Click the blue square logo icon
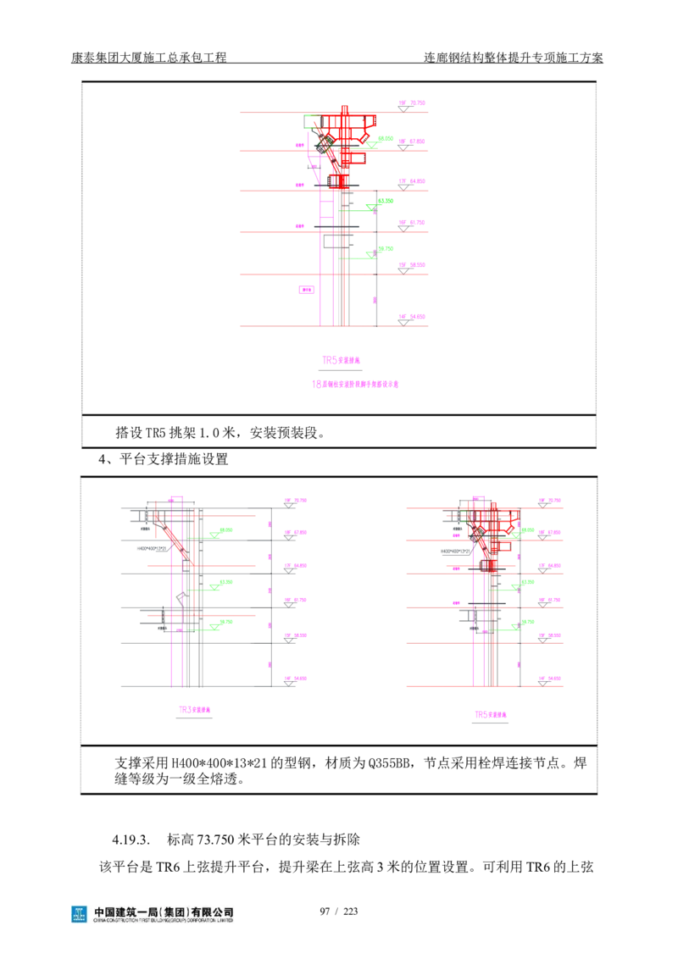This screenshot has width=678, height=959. tap(78, 914)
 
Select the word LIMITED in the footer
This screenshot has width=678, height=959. tap(226, 919)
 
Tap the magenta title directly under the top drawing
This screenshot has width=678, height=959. tap(342, 360)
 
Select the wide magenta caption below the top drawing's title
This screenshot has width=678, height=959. tap(356, 385)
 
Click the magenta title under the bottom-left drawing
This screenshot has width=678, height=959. tap(193, 710)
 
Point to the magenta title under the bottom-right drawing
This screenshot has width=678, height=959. tap(491, 713)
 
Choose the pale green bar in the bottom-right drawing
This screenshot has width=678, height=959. tap(559, 593)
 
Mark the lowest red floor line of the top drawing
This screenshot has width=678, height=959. tap(335, 328)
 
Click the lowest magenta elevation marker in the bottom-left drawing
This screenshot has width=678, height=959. tap(297, 678)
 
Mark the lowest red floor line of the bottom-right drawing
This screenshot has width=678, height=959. tap(483, 687)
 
